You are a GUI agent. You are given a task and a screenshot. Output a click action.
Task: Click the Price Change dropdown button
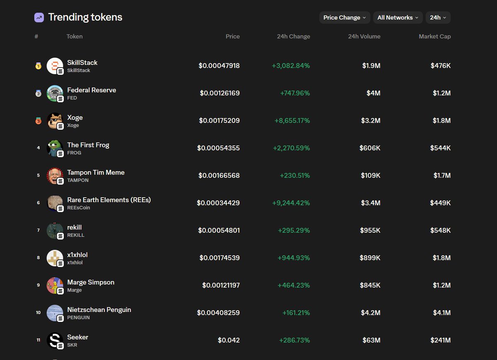345,17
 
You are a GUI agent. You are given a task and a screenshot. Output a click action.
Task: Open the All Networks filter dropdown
398,17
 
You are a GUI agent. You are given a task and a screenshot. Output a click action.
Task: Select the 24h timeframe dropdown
438,17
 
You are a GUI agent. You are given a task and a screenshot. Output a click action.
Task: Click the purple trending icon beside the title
39,17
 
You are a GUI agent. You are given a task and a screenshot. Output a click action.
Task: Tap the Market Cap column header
434,36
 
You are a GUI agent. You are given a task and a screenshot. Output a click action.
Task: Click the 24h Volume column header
364,36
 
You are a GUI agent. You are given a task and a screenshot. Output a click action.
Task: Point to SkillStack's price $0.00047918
219,65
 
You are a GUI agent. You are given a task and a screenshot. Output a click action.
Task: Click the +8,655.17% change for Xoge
292,121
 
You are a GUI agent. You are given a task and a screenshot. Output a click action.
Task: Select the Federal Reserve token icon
54,93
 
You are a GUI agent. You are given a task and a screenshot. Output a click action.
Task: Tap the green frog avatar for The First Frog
54,148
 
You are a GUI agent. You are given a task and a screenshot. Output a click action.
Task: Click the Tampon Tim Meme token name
96,172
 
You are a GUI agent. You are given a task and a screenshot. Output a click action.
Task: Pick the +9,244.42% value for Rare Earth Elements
291,203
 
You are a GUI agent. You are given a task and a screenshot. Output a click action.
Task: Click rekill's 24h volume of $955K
370,230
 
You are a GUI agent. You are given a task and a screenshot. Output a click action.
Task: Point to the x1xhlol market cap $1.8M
442,258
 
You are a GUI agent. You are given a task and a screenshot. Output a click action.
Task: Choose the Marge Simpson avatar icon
54,285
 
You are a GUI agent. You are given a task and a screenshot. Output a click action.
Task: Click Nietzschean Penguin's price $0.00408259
218,313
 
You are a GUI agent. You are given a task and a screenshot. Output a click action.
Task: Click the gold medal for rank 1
38,65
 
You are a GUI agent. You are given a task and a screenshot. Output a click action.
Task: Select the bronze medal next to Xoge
38,121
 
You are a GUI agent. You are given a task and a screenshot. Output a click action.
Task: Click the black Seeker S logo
54,340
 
